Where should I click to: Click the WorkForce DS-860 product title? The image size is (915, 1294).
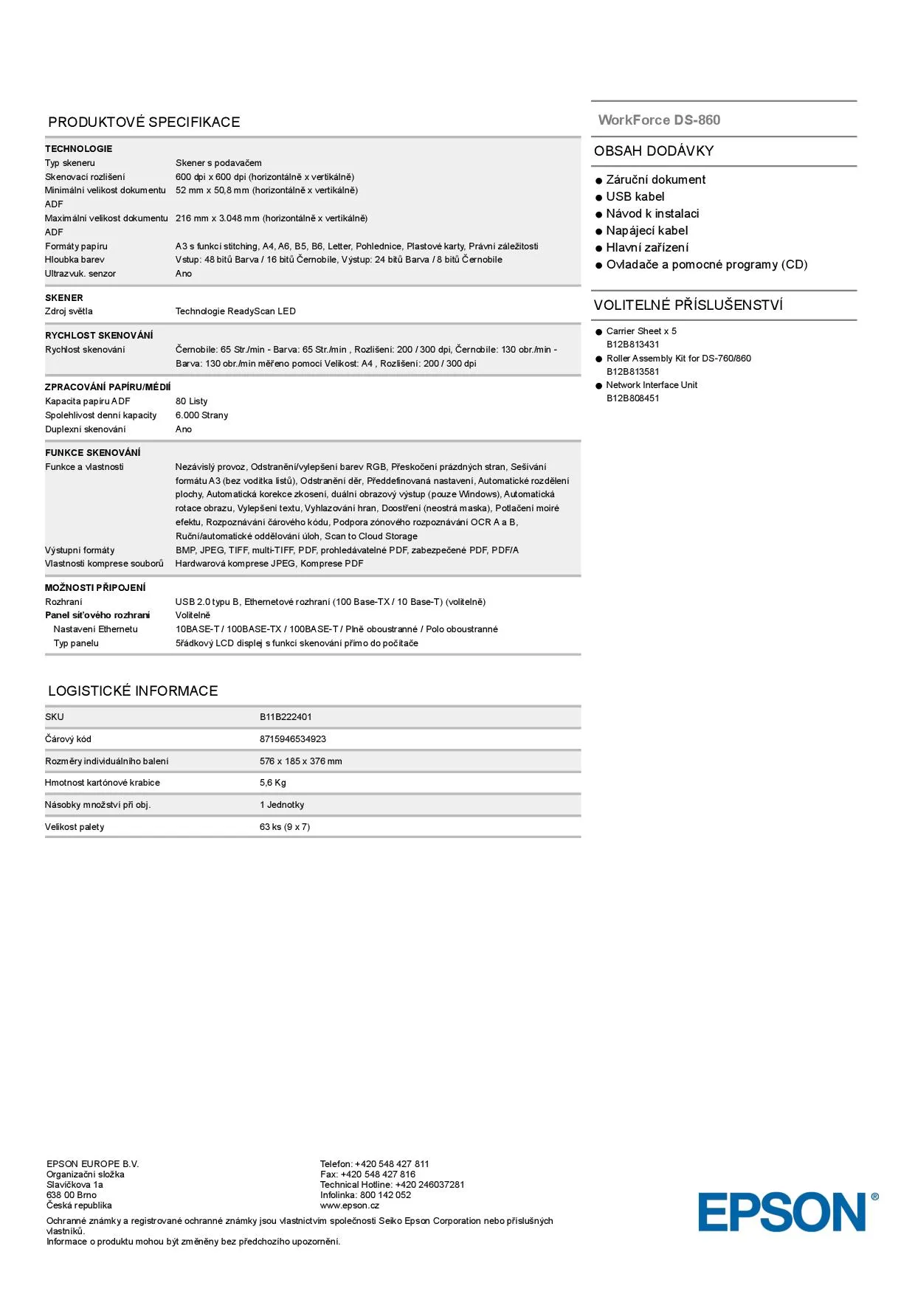pos(659,120)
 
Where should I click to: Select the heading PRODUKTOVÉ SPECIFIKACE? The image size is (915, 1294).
pos(144,122)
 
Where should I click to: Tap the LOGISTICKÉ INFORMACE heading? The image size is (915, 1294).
pos(133,691)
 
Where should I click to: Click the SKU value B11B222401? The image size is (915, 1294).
pos(286,717)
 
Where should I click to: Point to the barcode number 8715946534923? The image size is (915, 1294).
pos(293,739)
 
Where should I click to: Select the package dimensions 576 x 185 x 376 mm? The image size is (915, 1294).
pos(300,761)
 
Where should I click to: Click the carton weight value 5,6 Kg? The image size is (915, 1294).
pos(272,783)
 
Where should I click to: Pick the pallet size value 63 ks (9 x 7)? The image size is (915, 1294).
pos(285,827)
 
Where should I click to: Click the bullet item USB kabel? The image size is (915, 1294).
pos(635,197)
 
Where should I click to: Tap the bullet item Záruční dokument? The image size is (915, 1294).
pos(655,180)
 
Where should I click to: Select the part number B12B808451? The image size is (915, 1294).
pos(632,398)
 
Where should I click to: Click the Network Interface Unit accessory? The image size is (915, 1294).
pos(652,385)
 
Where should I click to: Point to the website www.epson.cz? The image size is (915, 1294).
pos(349,1205)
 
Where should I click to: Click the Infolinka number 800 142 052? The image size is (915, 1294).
pos(385,1195)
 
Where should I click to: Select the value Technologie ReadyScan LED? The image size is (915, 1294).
pos(235,311)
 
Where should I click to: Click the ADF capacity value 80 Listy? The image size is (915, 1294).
pos(191,401)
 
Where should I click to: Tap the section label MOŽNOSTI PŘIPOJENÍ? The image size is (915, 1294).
pos(95,588)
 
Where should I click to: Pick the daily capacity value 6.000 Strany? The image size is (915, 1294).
pos(201,415)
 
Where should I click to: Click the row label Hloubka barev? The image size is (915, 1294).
pos(75,260)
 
